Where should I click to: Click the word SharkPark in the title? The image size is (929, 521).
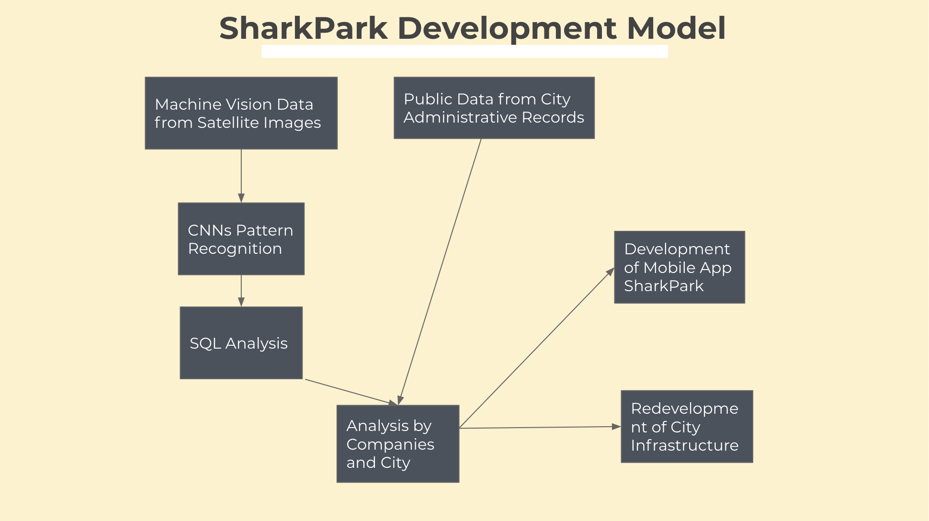[303, 28]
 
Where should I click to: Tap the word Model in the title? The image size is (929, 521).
[676, 28]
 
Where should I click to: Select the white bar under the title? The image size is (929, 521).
[464, 51]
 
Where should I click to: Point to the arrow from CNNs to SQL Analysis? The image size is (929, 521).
[241, 290]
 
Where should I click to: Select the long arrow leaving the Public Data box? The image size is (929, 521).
[440, 271]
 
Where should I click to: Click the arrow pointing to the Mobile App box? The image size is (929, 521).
[537, 348]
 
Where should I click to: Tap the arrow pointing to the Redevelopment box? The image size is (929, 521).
[540, 427]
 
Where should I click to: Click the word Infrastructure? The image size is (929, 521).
[684, 445]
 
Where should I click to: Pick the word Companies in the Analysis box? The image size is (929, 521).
[390, 444]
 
